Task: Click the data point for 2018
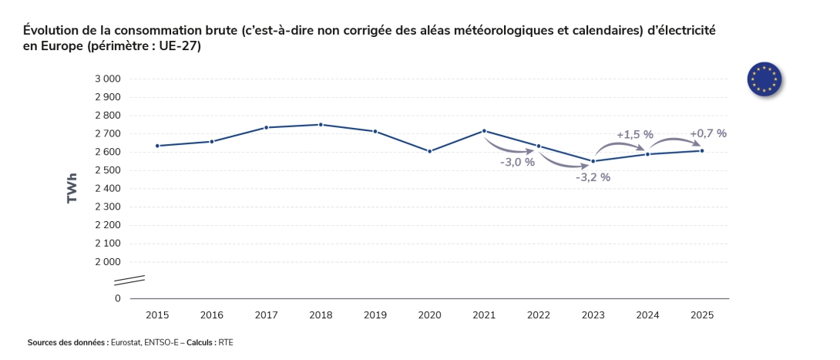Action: pyautogui.click(x=321, y=125)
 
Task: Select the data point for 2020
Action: pyautogui.click(x=429, y=151)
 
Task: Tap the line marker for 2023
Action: pyautogui.click(x=593, y=161)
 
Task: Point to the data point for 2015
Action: pyautogui.click(x=157, y=146)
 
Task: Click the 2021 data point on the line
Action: pyautogui.click(x=484, y=131)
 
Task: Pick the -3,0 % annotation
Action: pyautogui.click(x=517, y=163)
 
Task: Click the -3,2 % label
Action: pyautogui.click(x=593, y=177)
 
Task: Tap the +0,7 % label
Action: pyautogui.click(x=708, y=133)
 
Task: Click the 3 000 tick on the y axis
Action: pyautogui.click(x=108, y=79)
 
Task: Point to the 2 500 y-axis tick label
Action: pyautogui.click(x=108, y=170)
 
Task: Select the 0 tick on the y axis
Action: pyautogui.click(x=117, y=298)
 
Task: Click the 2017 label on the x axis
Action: pyautogui.click(x=267, y=315)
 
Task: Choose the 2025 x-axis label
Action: pyautogui.click(x=702, y=315)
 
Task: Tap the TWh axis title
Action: pyautogui.click(x=73, y=188)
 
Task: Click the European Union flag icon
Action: pyautogui.click(x=764, y=79)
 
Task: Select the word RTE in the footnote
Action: pyautogui.click(x=226, y=341)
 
